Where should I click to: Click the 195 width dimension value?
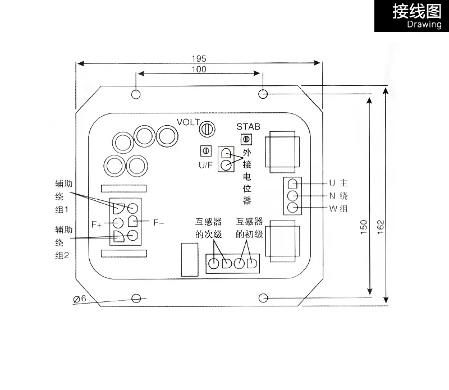click(199, 58)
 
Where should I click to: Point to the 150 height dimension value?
click(363, 225)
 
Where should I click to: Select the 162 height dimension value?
click(381, 225)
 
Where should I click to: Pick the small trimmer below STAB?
click(245, 139)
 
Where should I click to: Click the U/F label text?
click(205, 165)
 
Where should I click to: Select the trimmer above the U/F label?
click(205, 151)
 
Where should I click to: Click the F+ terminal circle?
click(118, 223)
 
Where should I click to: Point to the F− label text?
click(159, 223)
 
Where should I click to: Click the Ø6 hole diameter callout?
click(79, 299)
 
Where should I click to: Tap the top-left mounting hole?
click(135, 93)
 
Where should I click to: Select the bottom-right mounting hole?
click(264, 297)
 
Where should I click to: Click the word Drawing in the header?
click(424, 25)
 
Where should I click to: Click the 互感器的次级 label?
click(209, 228)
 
